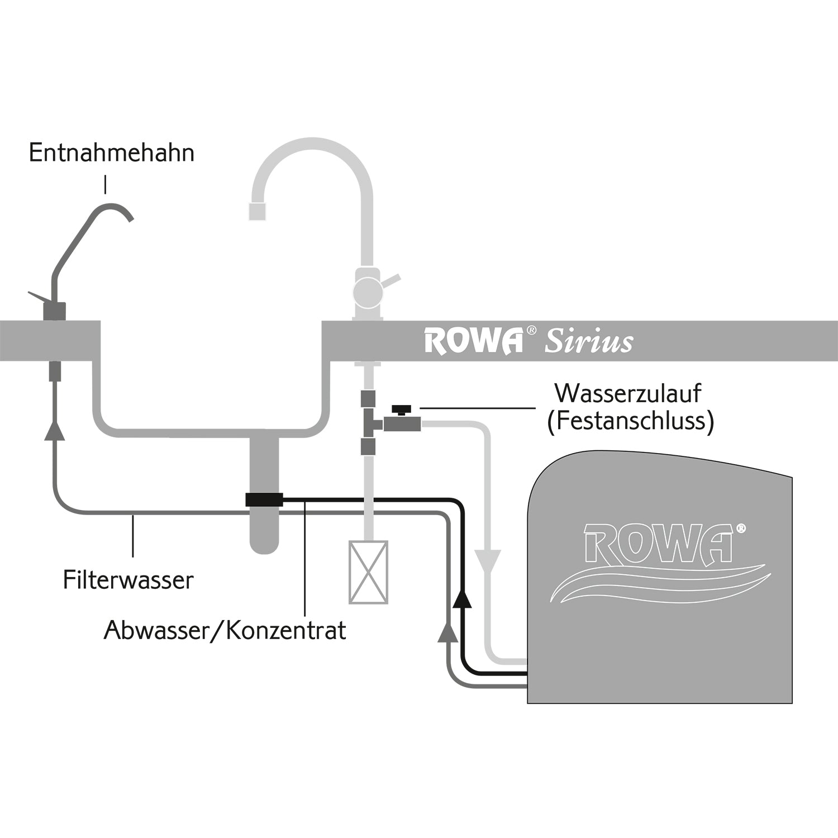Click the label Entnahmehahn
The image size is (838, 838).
112,153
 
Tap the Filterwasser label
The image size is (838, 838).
128,580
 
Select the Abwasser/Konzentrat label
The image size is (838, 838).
225,631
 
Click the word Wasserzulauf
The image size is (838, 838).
628,393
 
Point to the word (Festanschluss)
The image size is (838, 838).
631,421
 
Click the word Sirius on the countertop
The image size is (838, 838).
589,342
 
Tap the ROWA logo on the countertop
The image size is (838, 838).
474,341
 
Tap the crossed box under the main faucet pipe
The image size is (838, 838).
368,572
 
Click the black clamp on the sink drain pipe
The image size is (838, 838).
264,499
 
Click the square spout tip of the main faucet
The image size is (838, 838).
257,211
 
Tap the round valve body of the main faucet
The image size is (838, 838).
368,290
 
